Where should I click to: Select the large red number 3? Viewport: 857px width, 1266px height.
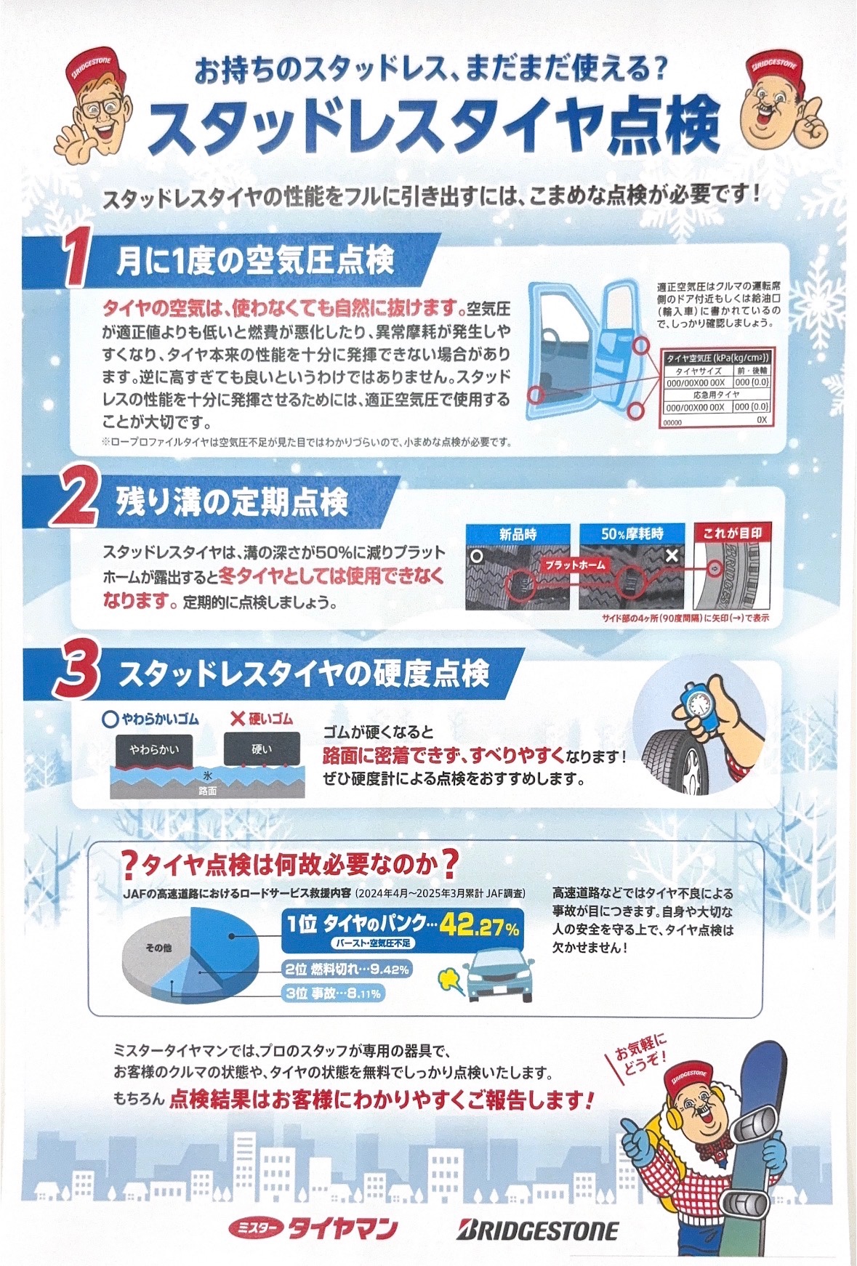(x=76, y=673)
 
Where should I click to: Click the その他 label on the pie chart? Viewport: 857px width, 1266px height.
(x=158, y=948)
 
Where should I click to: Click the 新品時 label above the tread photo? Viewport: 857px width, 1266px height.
(x=518, y=534)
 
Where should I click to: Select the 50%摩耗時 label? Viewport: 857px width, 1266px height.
(x=632, y=534)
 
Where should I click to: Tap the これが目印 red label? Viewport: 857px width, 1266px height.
(x=732, y=533)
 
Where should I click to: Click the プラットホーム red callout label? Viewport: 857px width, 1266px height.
(x=575, y=565)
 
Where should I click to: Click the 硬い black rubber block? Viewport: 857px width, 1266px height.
(x=261, y=749)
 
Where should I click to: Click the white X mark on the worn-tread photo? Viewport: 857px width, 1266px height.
(x=672, y=556)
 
